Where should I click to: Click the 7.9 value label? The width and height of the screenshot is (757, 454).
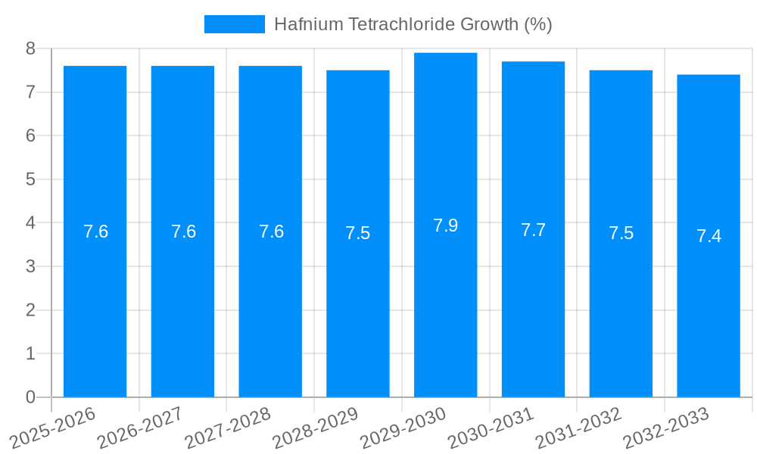[x=445, y=225]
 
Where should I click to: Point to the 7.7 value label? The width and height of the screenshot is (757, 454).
[x=533, y=230]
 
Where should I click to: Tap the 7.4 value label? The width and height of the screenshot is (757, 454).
[x=709, y=236]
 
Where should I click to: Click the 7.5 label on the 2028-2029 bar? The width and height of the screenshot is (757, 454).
[x=357, y=233]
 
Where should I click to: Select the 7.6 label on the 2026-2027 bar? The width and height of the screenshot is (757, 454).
[x=183, y=232]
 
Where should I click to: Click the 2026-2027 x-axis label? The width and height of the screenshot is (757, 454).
[x=140, y=428]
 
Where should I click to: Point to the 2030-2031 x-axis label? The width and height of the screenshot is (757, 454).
[x=491, y=428]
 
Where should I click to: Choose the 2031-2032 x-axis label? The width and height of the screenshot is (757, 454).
[x=578, y=428]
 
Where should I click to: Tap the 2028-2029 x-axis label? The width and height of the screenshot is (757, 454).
[x=316, y=428]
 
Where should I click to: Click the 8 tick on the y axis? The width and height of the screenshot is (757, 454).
[x=31, y=48]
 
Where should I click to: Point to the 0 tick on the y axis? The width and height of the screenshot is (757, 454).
[x=31, y=397]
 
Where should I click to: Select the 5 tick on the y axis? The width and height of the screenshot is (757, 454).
[x=31, y=179]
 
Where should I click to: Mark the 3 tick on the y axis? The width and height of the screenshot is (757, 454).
[x=31, y=266]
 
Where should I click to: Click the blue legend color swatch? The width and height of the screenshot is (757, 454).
[x=235, y=24]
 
